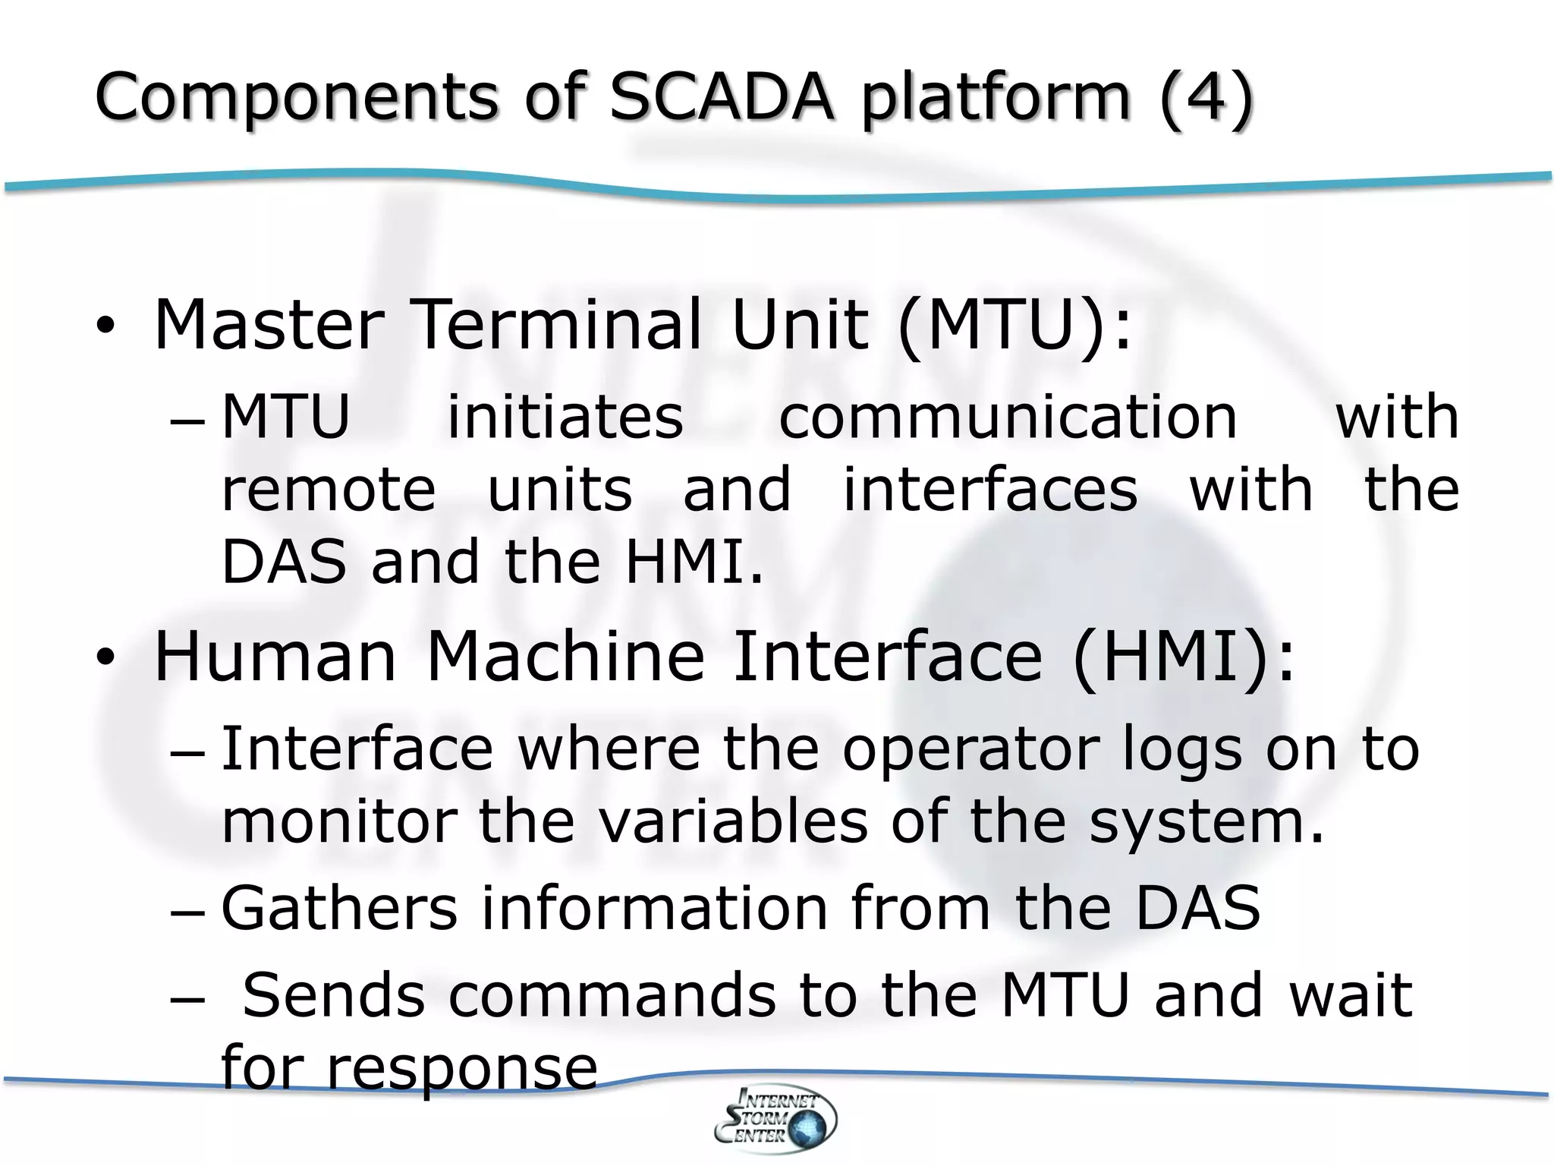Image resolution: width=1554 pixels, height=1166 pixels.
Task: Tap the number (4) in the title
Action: [x=1206, y=98]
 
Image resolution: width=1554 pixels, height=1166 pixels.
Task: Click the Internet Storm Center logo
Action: [x=775, y=1119]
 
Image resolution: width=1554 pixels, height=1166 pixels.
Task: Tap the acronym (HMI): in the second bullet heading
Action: [x=1184, y=657]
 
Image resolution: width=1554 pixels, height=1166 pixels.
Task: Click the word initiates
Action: [x=565, y=417]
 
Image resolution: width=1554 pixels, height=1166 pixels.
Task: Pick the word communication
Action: [x=1008, y=417]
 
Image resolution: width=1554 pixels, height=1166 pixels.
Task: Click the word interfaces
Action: [x=990, y=490]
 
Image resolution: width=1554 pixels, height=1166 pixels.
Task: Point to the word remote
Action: [x=328, y=490]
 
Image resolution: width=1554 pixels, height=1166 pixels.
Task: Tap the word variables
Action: [x=733, y=821]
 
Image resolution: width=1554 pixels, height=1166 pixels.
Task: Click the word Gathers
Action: [x=339, y=908]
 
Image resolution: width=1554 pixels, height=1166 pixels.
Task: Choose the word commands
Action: [x=612, y=995]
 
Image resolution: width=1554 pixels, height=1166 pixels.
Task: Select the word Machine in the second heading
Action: [x=565, y=657]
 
